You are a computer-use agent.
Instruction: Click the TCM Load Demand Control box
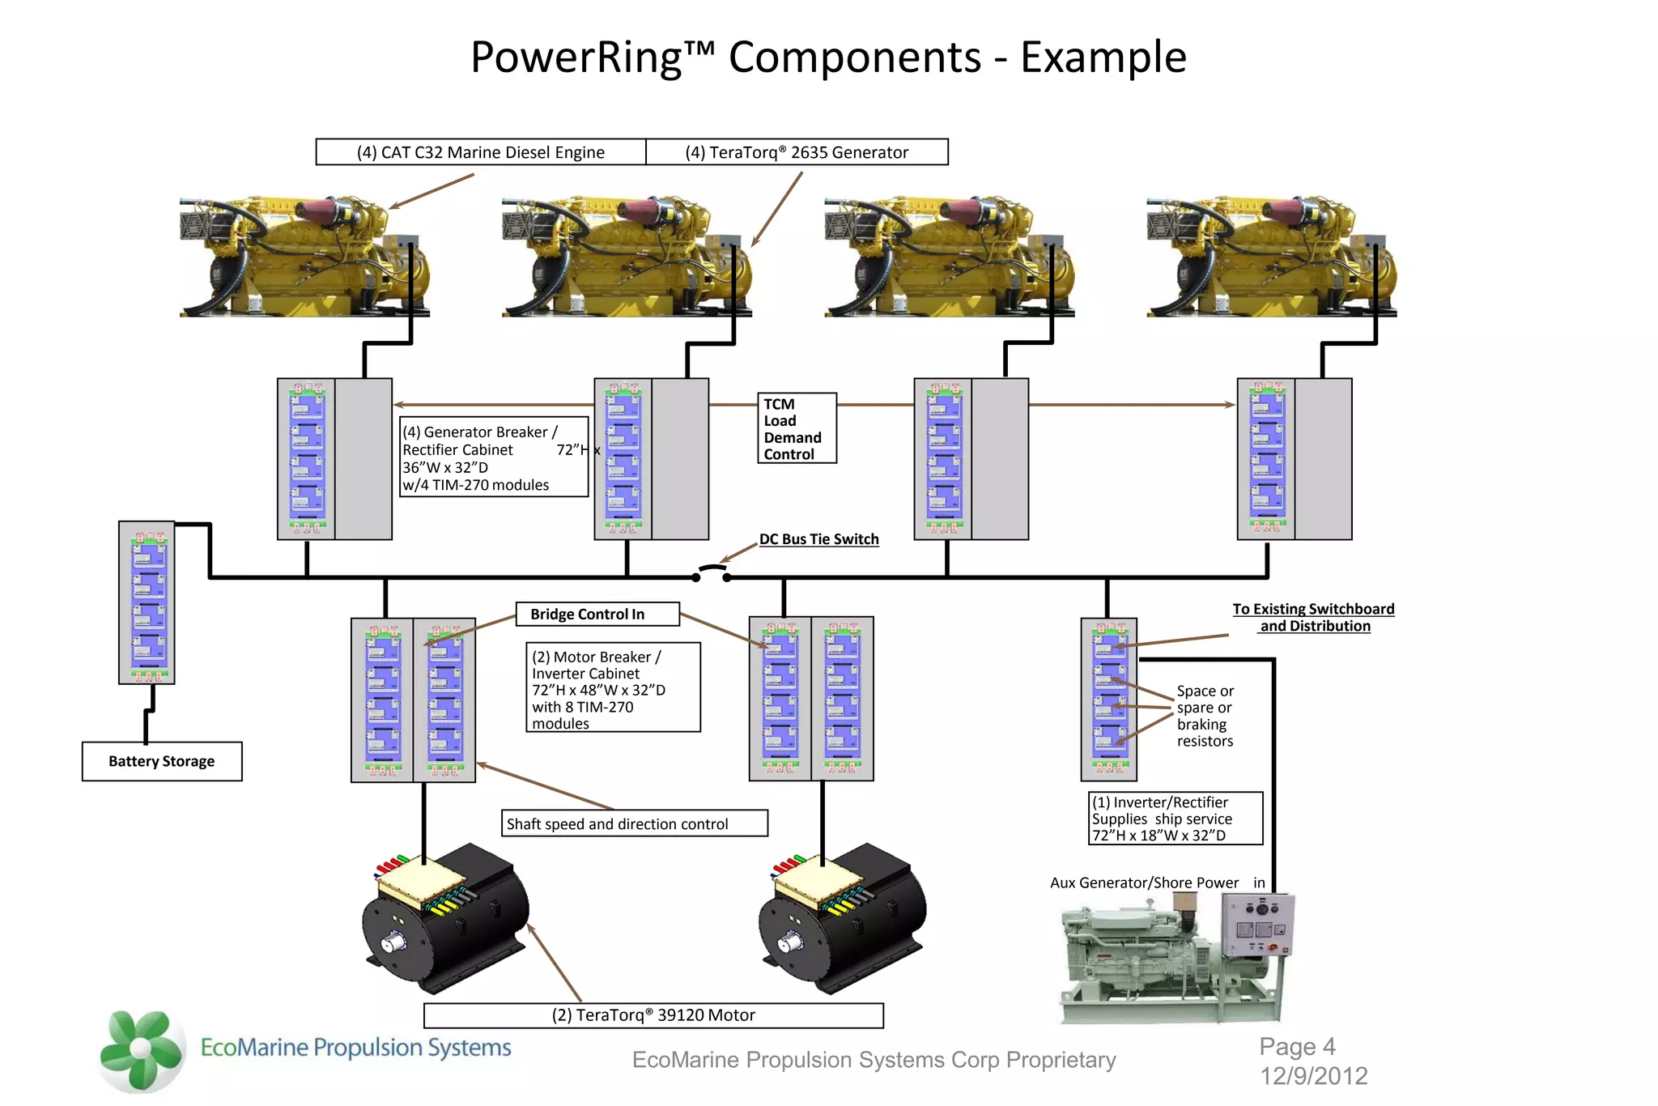(797, 428)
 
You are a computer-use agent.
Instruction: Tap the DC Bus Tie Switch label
(818, 539)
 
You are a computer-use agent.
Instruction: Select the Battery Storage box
(162, 761)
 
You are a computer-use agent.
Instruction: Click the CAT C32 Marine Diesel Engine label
(481, 152)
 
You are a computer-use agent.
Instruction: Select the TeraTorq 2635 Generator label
(797, 152)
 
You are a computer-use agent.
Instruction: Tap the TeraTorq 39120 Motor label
(653, 1015)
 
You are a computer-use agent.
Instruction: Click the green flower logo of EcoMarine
(142, 1050)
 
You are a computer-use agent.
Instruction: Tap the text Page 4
(1297, 1047)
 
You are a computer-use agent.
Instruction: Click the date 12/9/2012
(1313, 1076)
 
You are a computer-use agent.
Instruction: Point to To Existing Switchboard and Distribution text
(1313, 617)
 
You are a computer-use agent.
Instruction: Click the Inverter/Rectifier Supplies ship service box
(1175, 819)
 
